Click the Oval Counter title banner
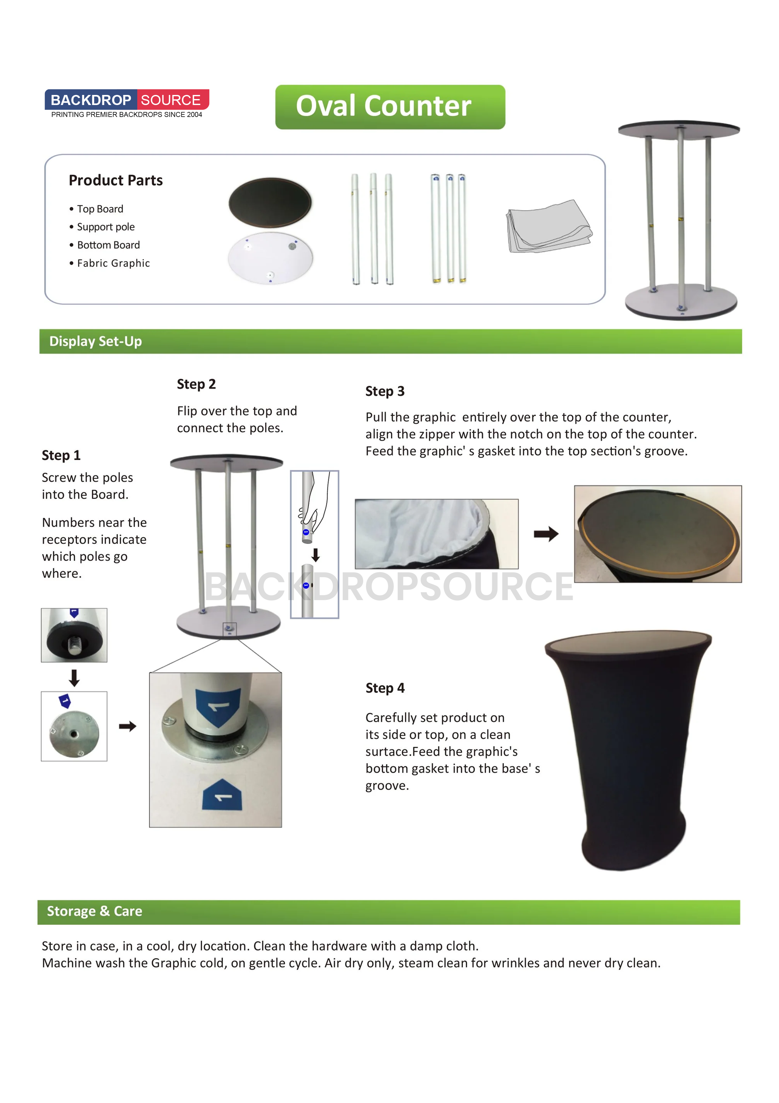[x=390, y=107]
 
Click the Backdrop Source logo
[x=127, y=103]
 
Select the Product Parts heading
[x=116, y=180]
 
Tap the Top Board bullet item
[x=100, y=209]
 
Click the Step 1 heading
[x=61, y=455]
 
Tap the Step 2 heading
[x=196, y=384]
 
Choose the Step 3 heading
[x=385, y=391]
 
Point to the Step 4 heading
[x=385, y=688]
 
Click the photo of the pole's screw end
[x=74, y=635]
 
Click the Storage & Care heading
[x=95, y=911]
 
